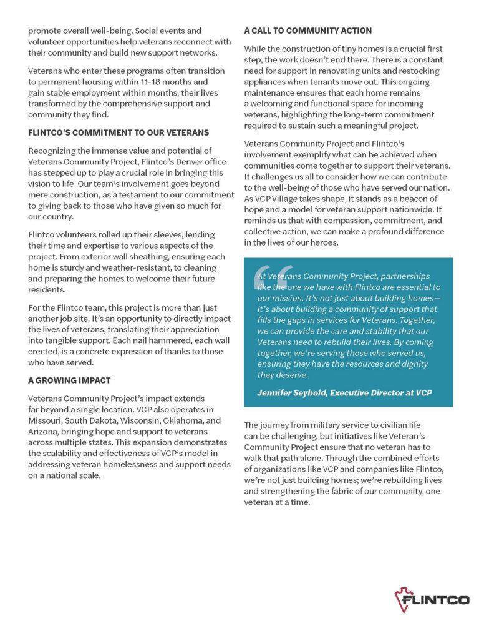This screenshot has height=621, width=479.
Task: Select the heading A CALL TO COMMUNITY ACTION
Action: coord(307,31)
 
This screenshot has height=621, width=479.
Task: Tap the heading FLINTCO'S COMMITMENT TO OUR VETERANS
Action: coord(119,133)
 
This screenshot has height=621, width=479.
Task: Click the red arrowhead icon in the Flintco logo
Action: coord(400,599)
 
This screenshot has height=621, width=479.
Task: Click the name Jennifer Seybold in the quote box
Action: coord(291,392)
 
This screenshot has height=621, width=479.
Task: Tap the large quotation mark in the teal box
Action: coord(265,280)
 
